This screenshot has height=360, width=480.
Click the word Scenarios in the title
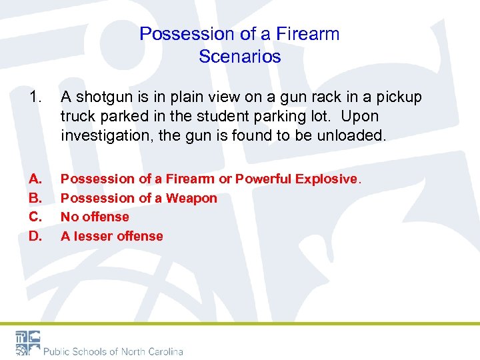pyautogui.click(x=240, y=57)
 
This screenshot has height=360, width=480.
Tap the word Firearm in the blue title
pyautogui.click(x=309, y=34)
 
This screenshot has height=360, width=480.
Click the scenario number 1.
pyautogui.click(x=35, y=97)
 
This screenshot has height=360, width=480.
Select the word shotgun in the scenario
pyautogui.click(x=104, y=97)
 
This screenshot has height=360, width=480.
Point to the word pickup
pyautogui.click(x=399, y=97)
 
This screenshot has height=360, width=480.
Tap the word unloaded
pyautogui.click(x=353, y=135)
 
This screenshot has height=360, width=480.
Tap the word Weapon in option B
pyautogui.click(x=191, y=198)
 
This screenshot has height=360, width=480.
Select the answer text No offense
pyautogui.click(x=95, y=217)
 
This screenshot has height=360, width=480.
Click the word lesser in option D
pyautogui.click(x=93, y=236)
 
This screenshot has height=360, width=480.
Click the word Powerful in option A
pyautogui.click(x=263, y=179)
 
